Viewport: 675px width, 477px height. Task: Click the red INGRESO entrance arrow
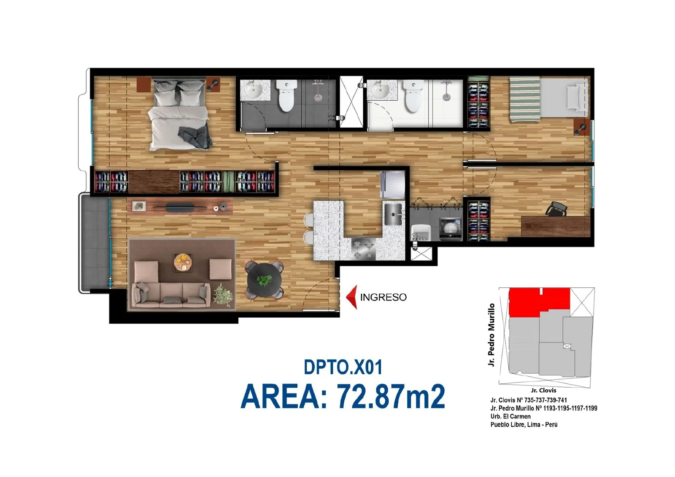(x=352, y=297)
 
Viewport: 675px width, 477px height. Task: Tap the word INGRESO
(x=383, y=297)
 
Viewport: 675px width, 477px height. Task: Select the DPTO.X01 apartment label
(x=343, y=367)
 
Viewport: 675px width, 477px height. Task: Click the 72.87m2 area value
(x=391, y=396)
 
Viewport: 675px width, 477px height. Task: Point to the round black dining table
(x=264, y=280)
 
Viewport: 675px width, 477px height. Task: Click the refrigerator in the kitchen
(x=392, y=185)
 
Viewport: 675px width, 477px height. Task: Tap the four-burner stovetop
(x=363, y=249)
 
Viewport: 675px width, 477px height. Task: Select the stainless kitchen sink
(x=393, y=214)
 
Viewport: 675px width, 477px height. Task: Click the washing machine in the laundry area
(x=451, y=229)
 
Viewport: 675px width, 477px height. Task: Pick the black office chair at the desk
(x=556, y=209)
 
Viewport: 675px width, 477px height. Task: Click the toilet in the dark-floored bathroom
(x=286, y=95)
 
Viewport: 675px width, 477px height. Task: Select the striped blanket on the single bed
(x=525, y=100)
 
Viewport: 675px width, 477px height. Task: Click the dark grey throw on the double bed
(x=195, y=137)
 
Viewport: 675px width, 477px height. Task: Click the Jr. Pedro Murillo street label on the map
(x=491, y=335)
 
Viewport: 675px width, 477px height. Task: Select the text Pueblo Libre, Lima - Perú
(x=524, y=424)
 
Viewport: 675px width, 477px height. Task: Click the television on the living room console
(x=180, y=206)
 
